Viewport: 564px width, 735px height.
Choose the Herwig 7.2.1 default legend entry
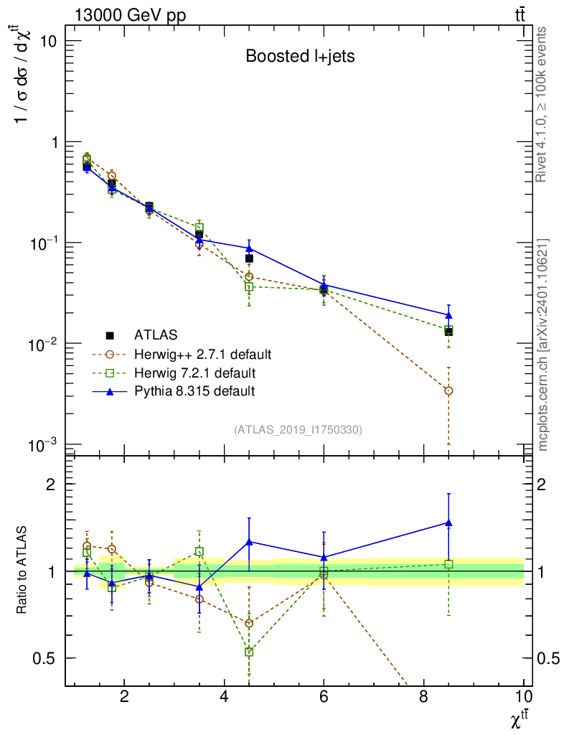[x=194, y=373]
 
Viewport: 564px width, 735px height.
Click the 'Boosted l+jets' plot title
[x=300, y=56]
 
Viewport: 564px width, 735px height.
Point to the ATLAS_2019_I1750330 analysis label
[x=298, y=430]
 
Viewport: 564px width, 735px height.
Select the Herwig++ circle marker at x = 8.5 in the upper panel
[x=448, y=390]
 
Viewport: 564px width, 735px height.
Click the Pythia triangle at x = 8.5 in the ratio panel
[x=448, y=523]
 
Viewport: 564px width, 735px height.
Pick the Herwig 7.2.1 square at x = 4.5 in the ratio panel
[x=249, y=652]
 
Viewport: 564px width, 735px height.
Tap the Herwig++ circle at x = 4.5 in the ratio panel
[x=249, y=623]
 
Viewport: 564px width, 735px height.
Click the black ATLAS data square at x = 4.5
[x=249, y=258]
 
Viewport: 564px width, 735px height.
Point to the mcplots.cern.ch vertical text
[x=543, y=345]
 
